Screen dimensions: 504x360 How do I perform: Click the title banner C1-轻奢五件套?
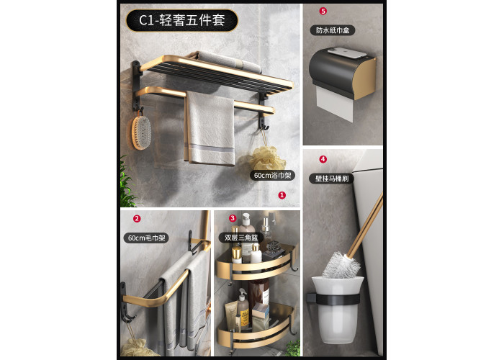(181, 20)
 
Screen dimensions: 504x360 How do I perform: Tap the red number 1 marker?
(282, 195)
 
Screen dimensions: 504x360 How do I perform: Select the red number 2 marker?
(137, 219)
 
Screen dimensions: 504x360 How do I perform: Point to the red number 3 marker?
(233, 218)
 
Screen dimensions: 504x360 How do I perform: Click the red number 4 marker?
(323, 159)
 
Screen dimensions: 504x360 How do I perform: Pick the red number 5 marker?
(323, 11)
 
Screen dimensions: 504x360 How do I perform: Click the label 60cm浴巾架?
(272, 176)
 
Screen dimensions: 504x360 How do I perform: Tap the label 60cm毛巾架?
(146, 238)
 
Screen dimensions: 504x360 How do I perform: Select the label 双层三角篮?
(241, 238)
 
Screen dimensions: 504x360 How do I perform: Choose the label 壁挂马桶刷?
(331, 179)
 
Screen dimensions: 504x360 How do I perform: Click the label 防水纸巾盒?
(333, 30)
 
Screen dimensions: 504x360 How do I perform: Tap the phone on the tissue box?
(347, 53)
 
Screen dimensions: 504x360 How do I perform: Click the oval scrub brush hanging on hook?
(141, 132)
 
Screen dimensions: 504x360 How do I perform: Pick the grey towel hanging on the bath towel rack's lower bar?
(210, 129)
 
